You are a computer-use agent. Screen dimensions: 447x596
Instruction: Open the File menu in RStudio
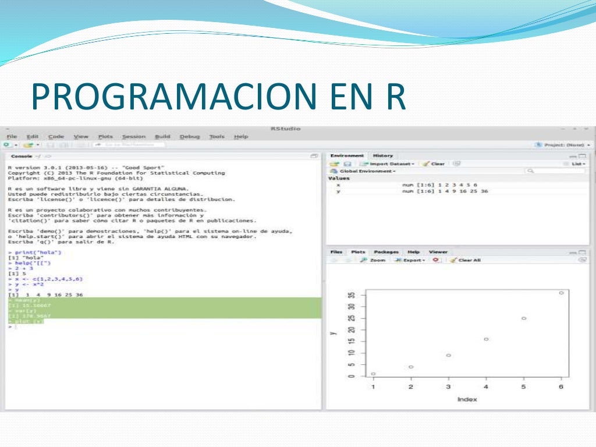[12, 137]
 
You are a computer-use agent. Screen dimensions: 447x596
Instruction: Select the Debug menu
[189, 137]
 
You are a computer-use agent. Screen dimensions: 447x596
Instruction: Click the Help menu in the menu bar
[241, 137]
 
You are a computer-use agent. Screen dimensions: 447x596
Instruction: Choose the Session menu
[134, 137]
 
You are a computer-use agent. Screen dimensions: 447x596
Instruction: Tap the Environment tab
[347, 156]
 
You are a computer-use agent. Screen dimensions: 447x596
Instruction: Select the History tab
[383, 156]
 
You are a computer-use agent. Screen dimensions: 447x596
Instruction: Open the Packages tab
[386, 252]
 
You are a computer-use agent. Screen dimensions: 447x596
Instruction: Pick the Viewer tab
[438, 252]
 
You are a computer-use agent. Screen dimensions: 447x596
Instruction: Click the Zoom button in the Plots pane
[374, 260]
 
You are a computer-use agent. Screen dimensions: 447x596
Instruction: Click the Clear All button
[467, 260]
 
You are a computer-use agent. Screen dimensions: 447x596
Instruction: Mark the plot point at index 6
[561, 293]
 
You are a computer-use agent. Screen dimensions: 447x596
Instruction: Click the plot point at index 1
[373, 374]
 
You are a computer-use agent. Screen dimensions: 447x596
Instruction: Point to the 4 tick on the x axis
[486, 387]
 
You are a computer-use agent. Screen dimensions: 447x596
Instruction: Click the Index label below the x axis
[467, 399]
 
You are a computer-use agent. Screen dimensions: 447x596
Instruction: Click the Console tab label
[22, 157]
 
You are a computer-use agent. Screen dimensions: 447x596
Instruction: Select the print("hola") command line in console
[38, 252]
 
